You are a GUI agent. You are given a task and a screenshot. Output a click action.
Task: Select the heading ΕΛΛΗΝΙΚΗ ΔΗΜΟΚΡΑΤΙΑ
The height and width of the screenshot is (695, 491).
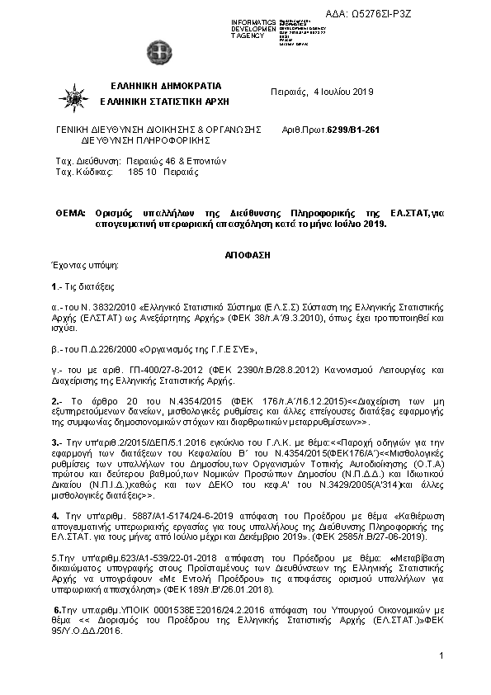coord(166,86)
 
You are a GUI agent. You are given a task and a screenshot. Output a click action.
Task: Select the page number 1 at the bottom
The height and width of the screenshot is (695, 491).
coord(442,655)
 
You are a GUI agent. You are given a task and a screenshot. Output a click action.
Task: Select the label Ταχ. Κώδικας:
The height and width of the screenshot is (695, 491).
coord(83,172)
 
